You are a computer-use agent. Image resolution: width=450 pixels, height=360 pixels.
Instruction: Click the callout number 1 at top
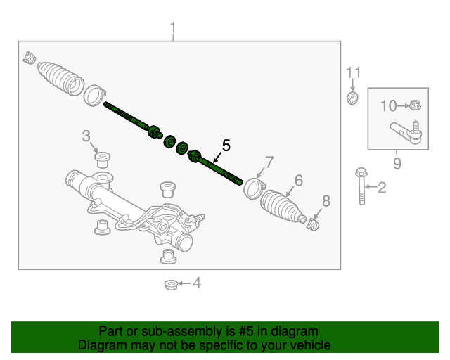[x=173, y=29]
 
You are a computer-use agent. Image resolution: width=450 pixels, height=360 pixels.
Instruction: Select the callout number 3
[x=86, y=135]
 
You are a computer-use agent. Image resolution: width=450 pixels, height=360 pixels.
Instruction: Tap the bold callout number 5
[x=226, y=146]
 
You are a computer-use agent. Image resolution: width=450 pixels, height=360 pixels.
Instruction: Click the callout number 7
[x=268, y=162]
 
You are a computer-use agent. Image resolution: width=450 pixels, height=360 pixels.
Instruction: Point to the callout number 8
[x=325, y=200]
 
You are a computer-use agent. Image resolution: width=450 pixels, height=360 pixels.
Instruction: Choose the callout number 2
[x=382, y=187]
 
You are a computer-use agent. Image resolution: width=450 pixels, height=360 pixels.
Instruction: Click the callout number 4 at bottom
[x=197, y=283]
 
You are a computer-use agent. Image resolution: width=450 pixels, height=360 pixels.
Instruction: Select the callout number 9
[x=397, y=164]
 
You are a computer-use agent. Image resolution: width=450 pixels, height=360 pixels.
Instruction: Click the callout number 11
[x=353, y=72]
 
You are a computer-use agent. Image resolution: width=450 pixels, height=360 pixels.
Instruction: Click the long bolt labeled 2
[x=361, y=186]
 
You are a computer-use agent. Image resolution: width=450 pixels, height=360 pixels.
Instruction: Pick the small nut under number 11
[x=353, y=97]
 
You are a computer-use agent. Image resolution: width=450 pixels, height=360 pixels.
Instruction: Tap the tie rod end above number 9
[x=407, y=131]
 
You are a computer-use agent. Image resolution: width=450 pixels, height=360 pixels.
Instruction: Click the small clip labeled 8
[x=314, y=224]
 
